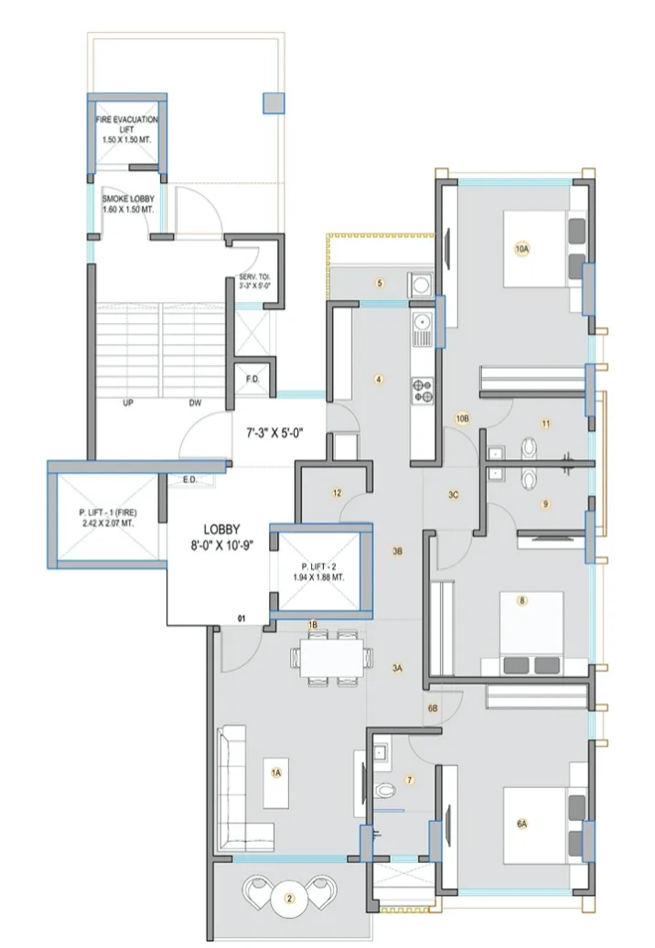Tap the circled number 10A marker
(521, 249)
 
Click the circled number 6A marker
(521, 824)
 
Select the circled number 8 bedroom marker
(521, 601)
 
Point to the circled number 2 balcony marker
(290, 899)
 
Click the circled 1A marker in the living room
(275, 772)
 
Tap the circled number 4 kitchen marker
(378, 379)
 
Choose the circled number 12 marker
(337, 493)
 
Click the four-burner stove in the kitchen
(423, 390)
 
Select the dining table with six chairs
(330, 656)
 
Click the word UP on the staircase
(128, 402)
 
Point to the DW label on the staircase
(195, 402)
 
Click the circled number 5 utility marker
(379, 283)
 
